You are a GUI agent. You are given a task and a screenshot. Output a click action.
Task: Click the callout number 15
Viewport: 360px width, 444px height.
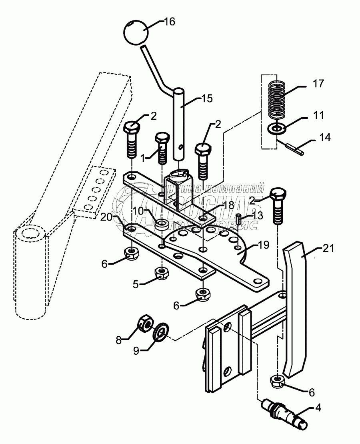click(x=208, y=98)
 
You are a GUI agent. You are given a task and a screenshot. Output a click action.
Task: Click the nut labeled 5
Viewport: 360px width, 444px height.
click(x=161, y=273)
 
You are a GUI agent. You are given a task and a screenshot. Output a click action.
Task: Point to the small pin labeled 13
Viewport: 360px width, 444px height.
click(x=239, y=219)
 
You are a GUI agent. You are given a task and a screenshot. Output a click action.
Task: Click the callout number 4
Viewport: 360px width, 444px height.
click(x=318, y=408)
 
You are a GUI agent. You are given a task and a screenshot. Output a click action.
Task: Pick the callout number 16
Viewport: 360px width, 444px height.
click(x=170, y=22)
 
